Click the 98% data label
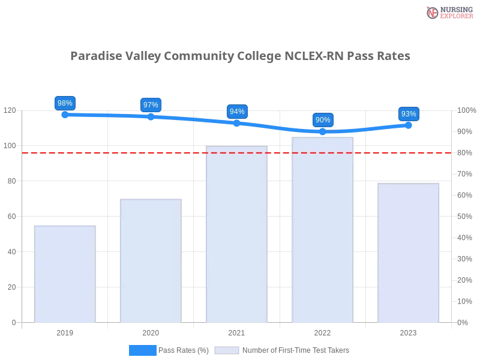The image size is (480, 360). tap(65, 103)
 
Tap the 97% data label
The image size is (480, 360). tap(151, 105)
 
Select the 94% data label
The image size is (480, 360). tap(237, 112)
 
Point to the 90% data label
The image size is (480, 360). tap(323, 120)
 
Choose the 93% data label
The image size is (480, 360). tap(409, 114)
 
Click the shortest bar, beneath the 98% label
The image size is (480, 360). tap(65, 273)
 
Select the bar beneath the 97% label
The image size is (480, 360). tap(149, 261)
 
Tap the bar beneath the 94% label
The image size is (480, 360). tap(235, 234)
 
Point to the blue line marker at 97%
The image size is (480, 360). tap(151, 117)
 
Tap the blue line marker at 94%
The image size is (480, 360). tap(237, 123)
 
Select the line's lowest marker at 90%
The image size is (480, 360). tap(323, 131)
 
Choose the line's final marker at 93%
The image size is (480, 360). tap(409, 125)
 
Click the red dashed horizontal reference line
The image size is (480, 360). tap(180, 152)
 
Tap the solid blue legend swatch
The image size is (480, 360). tap(143, 350)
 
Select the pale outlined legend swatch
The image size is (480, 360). tap(227, 350)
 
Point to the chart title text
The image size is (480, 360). tap(240, 56)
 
